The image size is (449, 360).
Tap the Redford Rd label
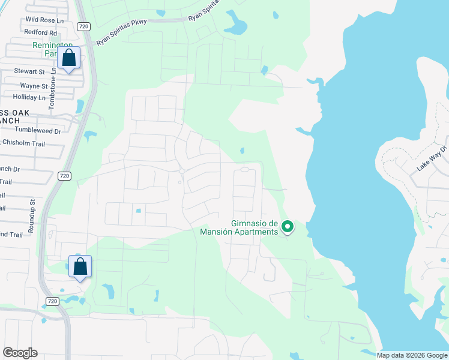tap(41, 32)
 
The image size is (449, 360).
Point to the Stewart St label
tap(29, 71)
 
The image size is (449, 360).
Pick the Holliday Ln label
tap(29, 97)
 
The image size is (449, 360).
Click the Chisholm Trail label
tap(23, 143)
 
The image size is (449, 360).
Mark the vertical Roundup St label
tap(34, 211)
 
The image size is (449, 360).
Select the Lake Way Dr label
tap(432, 159)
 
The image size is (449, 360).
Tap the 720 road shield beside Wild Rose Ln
tap(83, 26)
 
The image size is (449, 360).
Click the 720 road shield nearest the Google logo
tap(52, 301)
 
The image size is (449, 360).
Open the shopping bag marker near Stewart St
tap(69, 59)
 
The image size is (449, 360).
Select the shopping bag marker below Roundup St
tap(80, 266)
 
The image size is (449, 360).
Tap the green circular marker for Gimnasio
tap(288, 227)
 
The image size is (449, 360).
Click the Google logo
tap(20, 353)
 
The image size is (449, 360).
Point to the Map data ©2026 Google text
tap(411, 355)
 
